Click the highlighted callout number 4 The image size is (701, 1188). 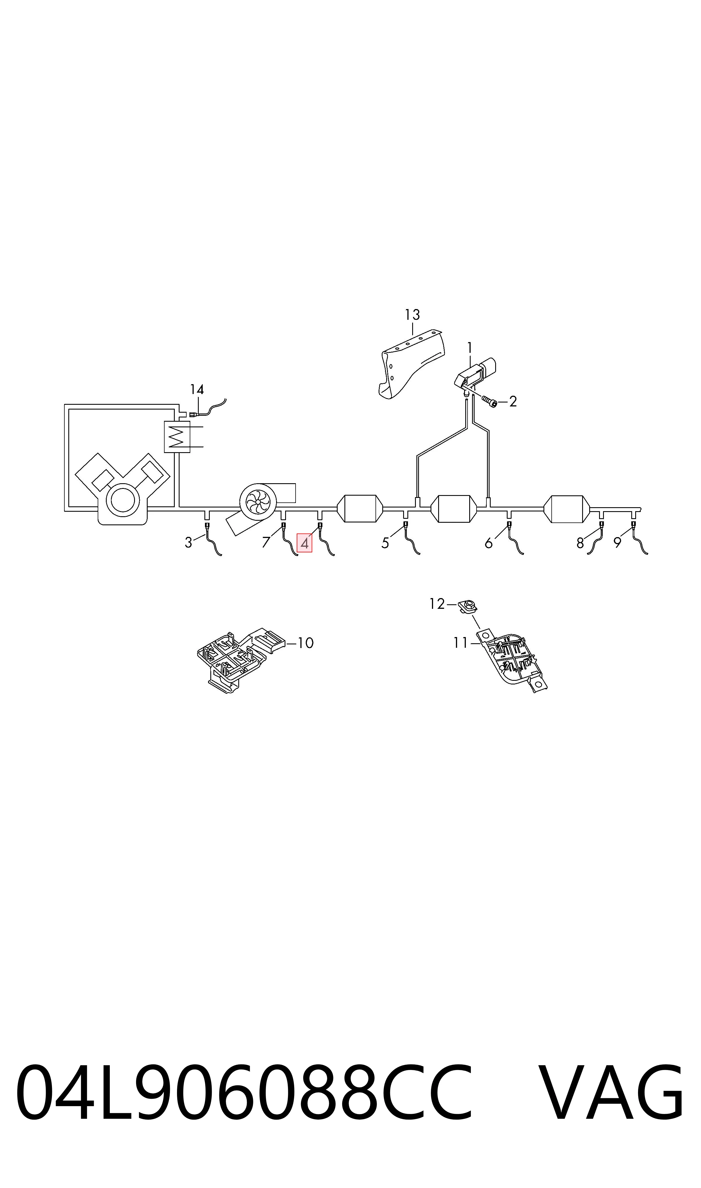coord(305,544)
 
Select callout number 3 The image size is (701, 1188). coord(189,543)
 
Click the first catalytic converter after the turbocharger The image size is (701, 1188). coord(360,509)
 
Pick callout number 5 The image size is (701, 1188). coord(385,544)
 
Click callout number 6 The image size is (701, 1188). coord(488,544)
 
